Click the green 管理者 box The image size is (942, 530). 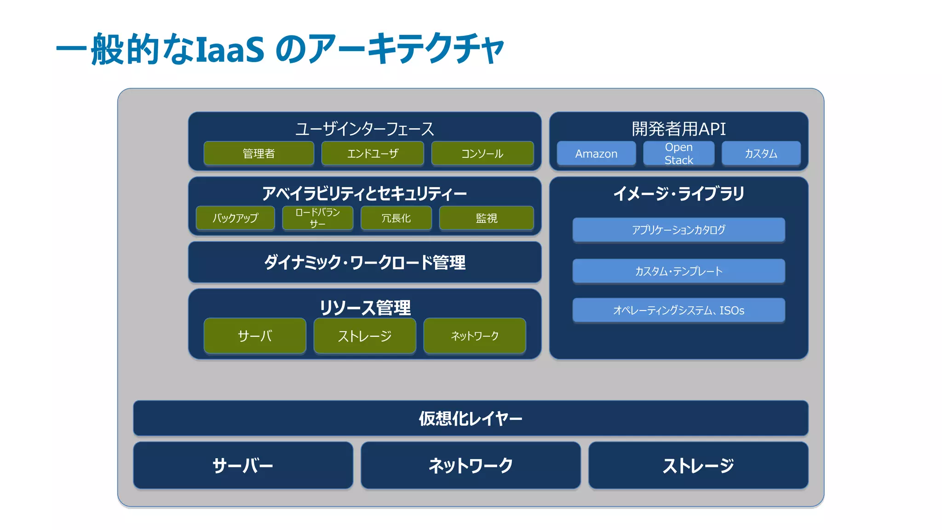coord(258,153)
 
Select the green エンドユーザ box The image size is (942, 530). coord(373,153)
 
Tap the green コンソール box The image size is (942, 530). coord(482,153)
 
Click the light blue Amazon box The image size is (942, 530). coord(596,153)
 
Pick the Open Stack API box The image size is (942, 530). coord(678,153)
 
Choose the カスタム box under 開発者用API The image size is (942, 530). coord(761,153)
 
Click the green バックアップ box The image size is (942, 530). coord(235,218)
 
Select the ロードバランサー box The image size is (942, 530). coord(317,218)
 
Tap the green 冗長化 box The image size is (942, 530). coord(396,218)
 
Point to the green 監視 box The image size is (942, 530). coord(486,218)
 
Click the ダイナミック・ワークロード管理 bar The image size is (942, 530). coord(364,262)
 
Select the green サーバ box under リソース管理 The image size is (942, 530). coord(255,336)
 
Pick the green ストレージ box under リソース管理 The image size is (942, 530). coord(364,336)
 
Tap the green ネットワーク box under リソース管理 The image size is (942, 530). coord(474,336)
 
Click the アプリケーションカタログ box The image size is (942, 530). coord(678,230)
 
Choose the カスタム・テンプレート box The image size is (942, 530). coord(678,271)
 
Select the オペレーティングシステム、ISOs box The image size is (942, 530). coord(678,310)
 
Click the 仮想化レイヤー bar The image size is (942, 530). coord(470,418)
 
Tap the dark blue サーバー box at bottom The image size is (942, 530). coord(243,465)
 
